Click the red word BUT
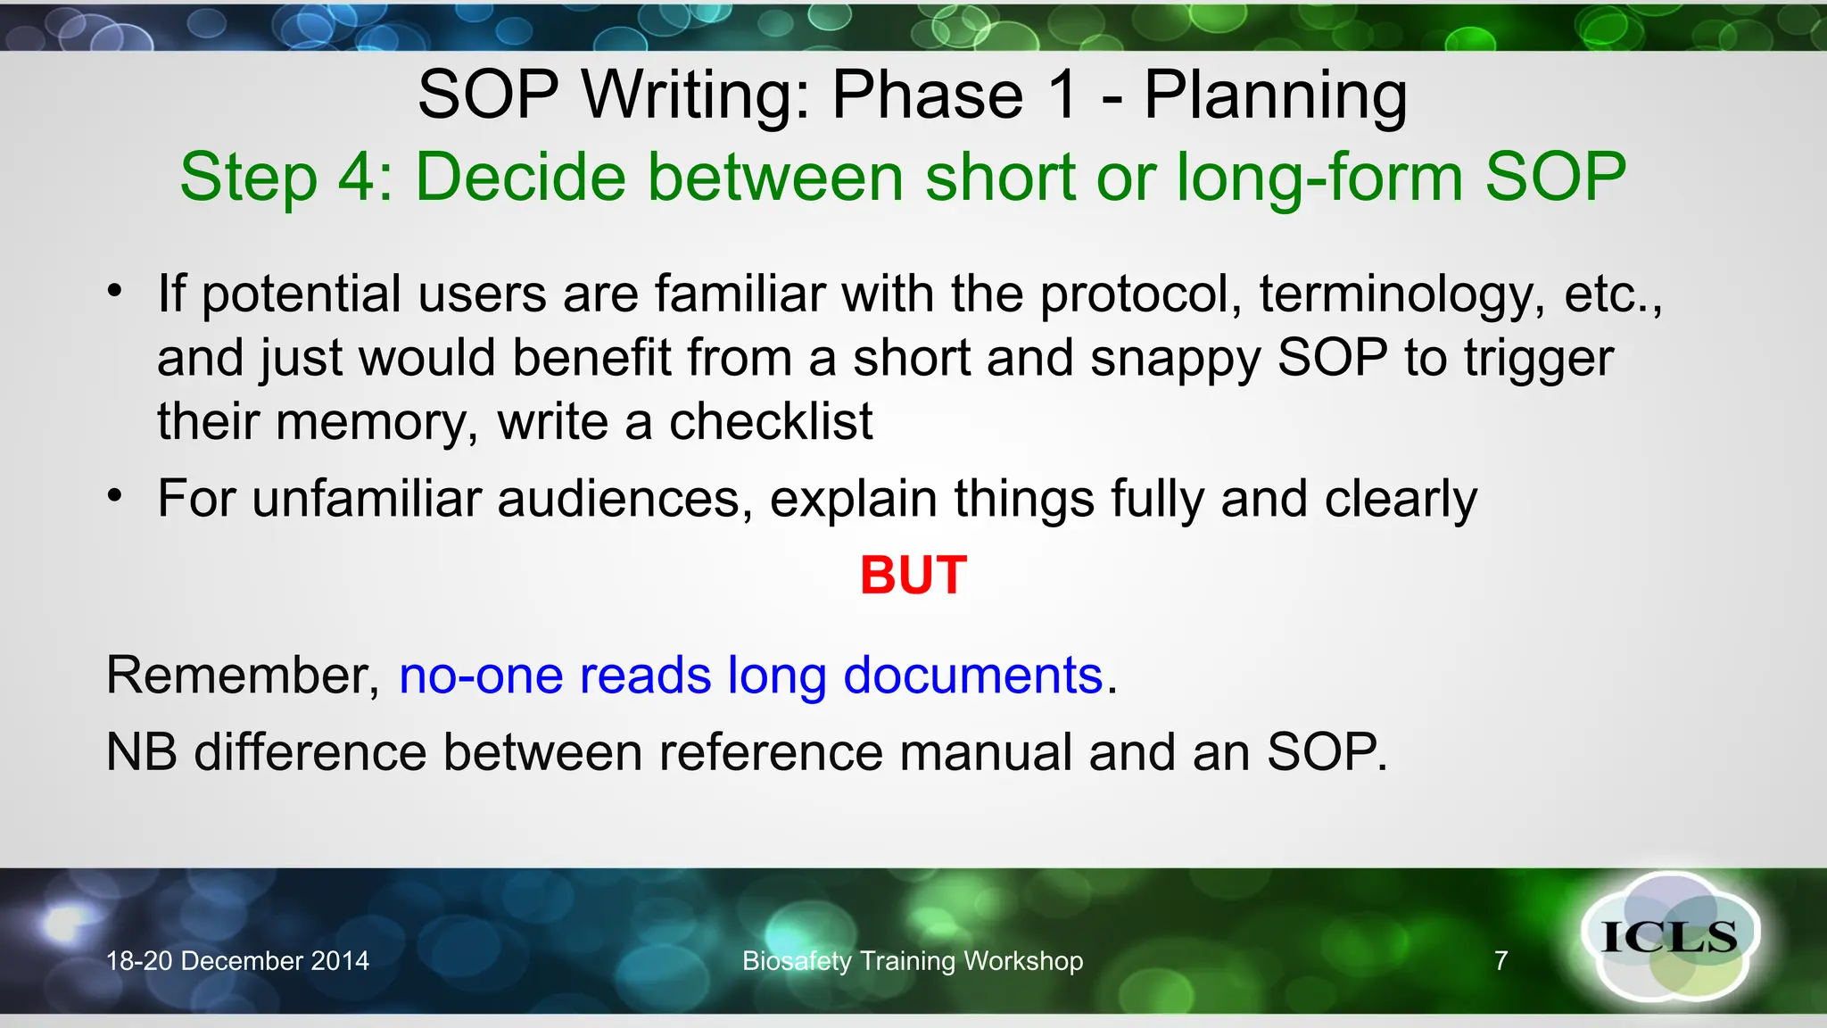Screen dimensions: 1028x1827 coord(913,575)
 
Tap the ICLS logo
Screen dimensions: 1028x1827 coord(1669,937)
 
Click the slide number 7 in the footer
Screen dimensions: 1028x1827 coord(1500,961)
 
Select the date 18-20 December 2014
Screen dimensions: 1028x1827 coord(237,961)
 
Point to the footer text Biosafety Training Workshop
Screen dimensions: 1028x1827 coord(913,961)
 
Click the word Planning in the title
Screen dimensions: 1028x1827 coord(1275,95)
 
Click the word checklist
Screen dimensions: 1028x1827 coord(771,421)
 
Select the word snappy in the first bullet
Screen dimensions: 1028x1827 coord(1175,359)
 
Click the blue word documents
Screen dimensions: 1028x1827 coord(972,675)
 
